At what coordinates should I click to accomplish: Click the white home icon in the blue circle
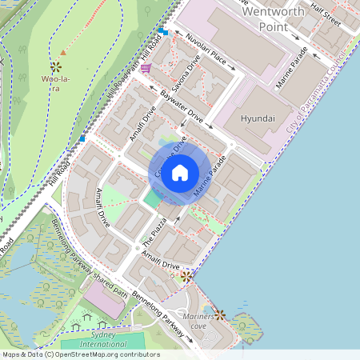[x=179, y=173]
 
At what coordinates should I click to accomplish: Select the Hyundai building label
[x=258, y=118]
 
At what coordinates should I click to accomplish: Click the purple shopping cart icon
[x=146, y=69]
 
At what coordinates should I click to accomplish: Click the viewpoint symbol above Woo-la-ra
[x=56, y=67]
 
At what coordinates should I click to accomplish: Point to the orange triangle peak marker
[x=63, y=53]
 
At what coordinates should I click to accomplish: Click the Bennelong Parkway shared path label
[x=88, y=258]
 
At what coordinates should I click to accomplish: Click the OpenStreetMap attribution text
[x=80, y=354]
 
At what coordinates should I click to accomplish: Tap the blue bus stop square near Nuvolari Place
[x=162, y=31]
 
